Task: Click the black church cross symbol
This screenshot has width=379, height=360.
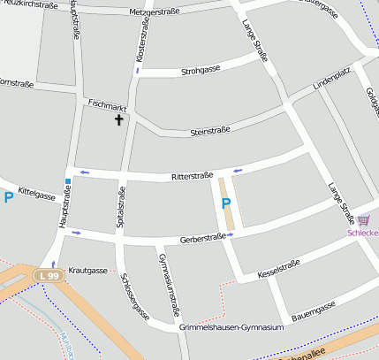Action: pos(118,119)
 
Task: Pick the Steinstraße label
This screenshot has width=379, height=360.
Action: pos(210,132)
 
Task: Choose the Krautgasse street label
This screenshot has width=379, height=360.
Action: pos(87,271)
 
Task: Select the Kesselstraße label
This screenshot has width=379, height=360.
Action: pos(279,269)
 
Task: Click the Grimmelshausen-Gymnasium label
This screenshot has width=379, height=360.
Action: pos(231,327)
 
